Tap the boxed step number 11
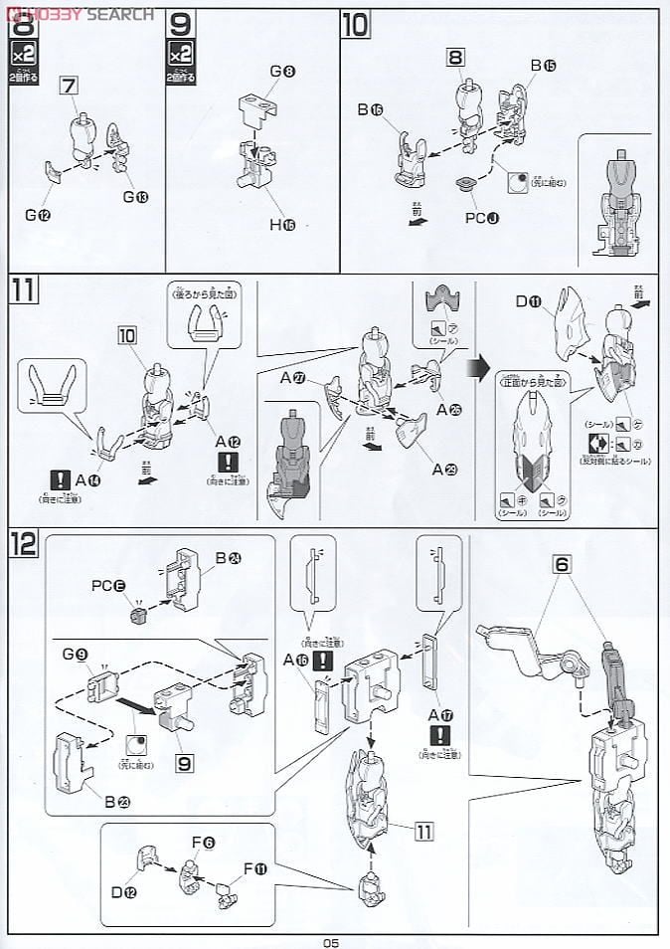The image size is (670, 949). [24, 291]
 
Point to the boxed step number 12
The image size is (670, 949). [24, 543]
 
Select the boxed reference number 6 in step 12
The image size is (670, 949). [562, 562]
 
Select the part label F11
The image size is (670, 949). [255, 868]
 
